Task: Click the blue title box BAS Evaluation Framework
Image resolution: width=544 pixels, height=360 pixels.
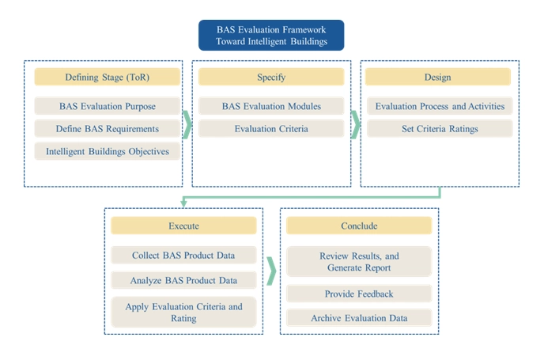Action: pyautogui.click(x=270, y=36)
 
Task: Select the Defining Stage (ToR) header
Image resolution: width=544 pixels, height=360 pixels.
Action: pyautogui.click(x=107, y=78)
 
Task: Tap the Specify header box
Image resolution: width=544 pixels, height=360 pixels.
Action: pyautogui.click(x=271, y=78)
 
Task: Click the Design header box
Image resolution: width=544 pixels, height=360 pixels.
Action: pyautogui.click(x=437, y=78)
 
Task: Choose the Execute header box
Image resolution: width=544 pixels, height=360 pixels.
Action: pyautogui.click(x=183, y=226)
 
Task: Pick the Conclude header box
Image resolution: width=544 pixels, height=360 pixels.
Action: pyautogui.click(x=358, y=226)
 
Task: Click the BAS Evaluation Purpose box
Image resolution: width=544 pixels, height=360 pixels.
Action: pyautogui.click(x=107, y=106)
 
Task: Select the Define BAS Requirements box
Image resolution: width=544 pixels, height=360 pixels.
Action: pyautogui.click(x=107, y=128)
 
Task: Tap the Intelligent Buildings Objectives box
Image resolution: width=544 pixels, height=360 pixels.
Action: pyautogui.click(x=107, y=151)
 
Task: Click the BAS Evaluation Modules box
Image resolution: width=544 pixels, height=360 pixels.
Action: pyautogui.click(x=271, y=106)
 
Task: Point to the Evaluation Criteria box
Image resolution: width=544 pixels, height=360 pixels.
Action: pyautogui.click(x=271, y=128)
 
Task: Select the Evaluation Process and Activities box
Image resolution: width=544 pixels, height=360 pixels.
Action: pyautogui.click(x=439, y=106)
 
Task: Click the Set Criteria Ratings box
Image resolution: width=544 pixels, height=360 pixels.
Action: pyautogui.click(x=439, y=128)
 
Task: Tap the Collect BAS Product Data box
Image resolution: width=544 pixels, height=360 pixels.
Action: pyautogui.click(x=183, y=256)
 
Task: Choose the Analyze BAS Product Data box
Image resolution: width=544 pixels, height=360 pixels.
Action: pyautogui.click(x=183, y=280)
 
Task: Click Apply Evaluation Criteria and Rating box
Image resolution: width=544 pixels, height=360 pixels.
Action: pyautogui.click(x=183, y=312)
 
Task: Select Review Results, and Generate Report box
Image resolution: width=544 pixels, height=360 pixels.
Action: pyautogui.click(x=358, y=262)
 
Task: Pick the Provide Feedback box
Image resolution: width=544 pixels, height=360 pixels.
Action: pyautogui.click(x=358, y=294)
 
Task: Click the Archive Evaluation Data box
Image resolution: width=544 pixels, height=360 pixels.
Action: pyautogui.click(x=358, y=318)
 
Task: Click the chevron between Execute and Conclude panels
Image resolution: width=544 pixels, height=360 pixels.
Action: pyautogui.click(x=271, y=270)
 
